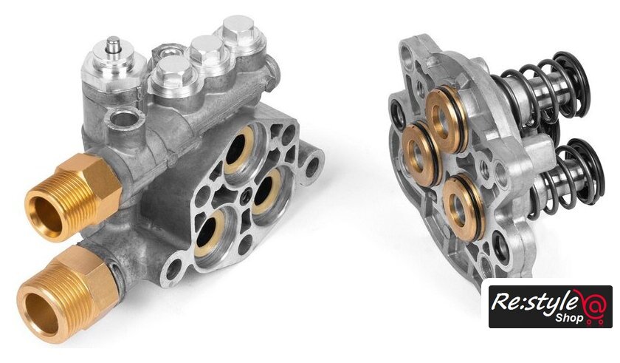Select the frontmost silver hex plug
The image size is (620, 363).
tap(170, 75)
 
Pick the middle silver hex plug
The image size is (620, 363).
tap(207, 52)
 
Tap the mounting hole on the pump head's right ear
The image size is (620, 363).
tap(312, 164)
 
